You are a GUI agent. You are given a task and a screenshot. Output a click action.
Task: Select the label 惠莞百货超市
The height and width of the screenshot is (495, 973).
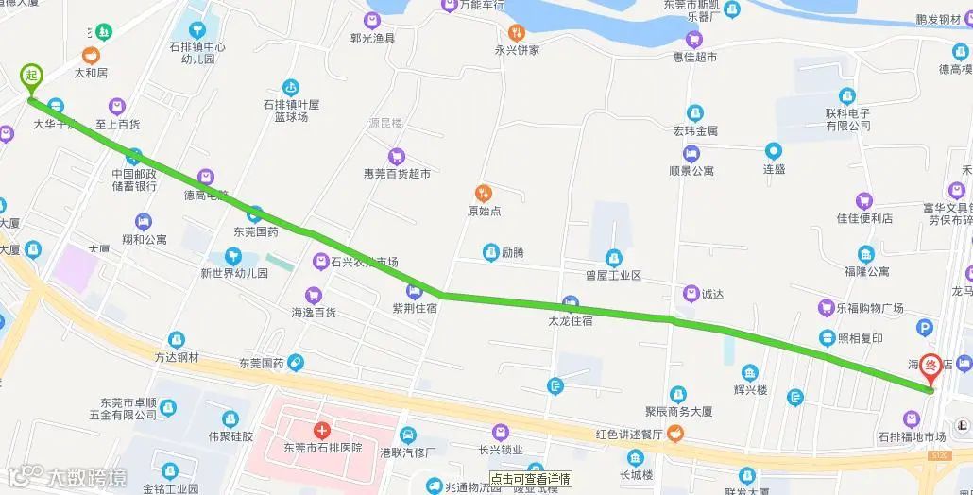pyautogui.click(x=397, y=174)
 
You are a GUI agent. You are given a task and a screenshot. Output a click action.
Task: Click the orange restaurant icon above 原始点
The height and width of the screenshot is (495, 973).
pyautogui.click(x=485, y=193)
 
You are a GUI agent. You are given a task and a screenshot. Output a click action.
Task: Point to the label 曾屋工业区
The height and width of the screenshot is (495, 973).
pyautogui.click(x=613, y=275)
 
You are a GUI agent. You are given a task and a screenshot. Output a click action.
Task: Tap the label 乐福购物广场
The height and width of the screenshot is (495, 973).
pyautogui.click(x=870, y=309)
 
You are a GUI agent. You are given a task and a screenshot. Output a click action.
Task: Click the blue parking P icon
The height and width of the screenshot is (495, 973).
pyautogui.click(x=924, y=328)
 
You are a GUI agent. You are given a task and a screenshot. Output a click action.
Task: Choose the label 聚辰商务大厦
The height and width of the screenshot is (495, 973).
pyautogui.click(x=677, y=412)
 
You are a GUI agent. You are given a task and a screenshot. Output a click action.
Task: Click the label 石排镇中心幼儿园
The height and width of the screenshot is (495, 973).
pyautogui.click(x=197, y=52)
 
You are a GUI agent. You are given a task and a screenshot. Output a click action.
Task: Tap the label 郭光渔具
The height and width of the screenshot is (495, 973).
pyautogui.click(x=372, y=38)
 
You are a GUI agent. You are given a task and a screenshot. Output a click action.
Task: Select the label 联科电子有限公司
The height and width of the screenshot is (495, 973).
pyautogui.click(x=847, y=119)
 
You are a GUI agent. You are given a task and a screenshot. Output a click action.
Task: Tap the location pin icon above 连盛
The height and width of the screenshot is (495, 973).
pyautogui.click(x=774, y=150)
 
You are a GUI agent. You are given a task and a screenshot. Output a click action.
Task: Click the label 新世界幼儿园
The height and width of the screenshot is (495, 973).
pyautogui.click(x=233, y=273)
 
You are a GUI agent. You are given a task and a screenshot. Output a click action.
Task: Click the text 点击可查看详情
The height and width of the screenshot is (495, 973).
pyautogui.click(x=530, y=478)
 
